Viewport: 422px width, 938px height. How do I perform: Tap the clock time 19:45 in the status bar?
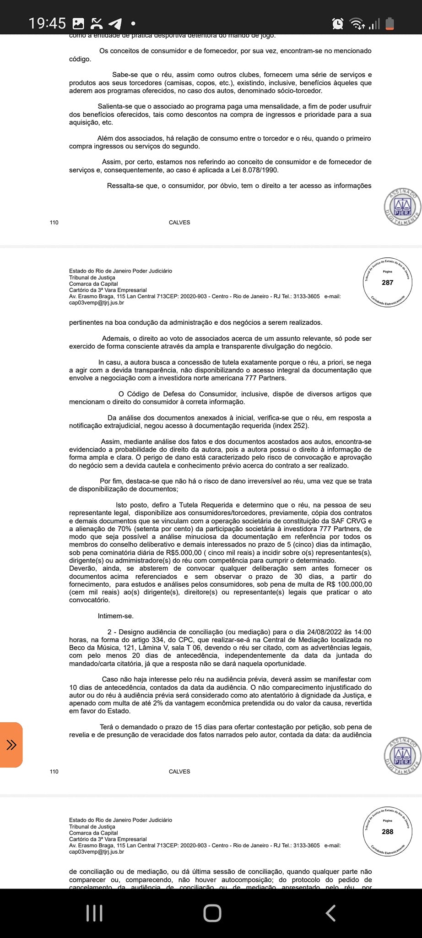[x=47, y=23]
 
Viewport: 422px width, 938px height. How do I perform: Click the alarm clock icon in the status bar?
[x=338, y=23]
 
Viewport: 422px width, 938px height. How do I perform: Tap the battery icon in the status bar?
[x=390, y=23]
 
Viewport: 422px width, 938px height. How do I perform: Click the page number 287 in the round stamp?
[x=387, y=283]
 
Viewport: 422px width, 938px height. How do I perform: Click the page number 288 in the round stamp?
[x=387, y=832]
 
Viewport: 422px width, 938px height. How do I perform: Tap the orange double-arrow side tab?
[x=11, y=745]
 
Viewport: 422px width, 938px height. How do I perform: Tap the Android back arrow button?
[x=330, y=913]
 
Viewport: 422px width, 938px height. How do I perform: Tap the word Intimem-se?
[x=116, y=616]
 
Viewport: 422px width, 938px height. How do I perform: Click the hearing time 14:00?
[x=362, y=632]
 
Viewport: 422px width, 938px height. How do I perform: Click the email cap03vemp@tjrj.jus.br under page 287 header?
[x=97, y=303]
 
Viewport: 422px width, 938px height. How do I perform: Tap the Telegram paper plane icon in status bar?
[x=115, y=23]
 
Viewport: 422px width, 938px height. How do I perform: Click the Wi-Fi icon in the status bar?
[x=356, y=23]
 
